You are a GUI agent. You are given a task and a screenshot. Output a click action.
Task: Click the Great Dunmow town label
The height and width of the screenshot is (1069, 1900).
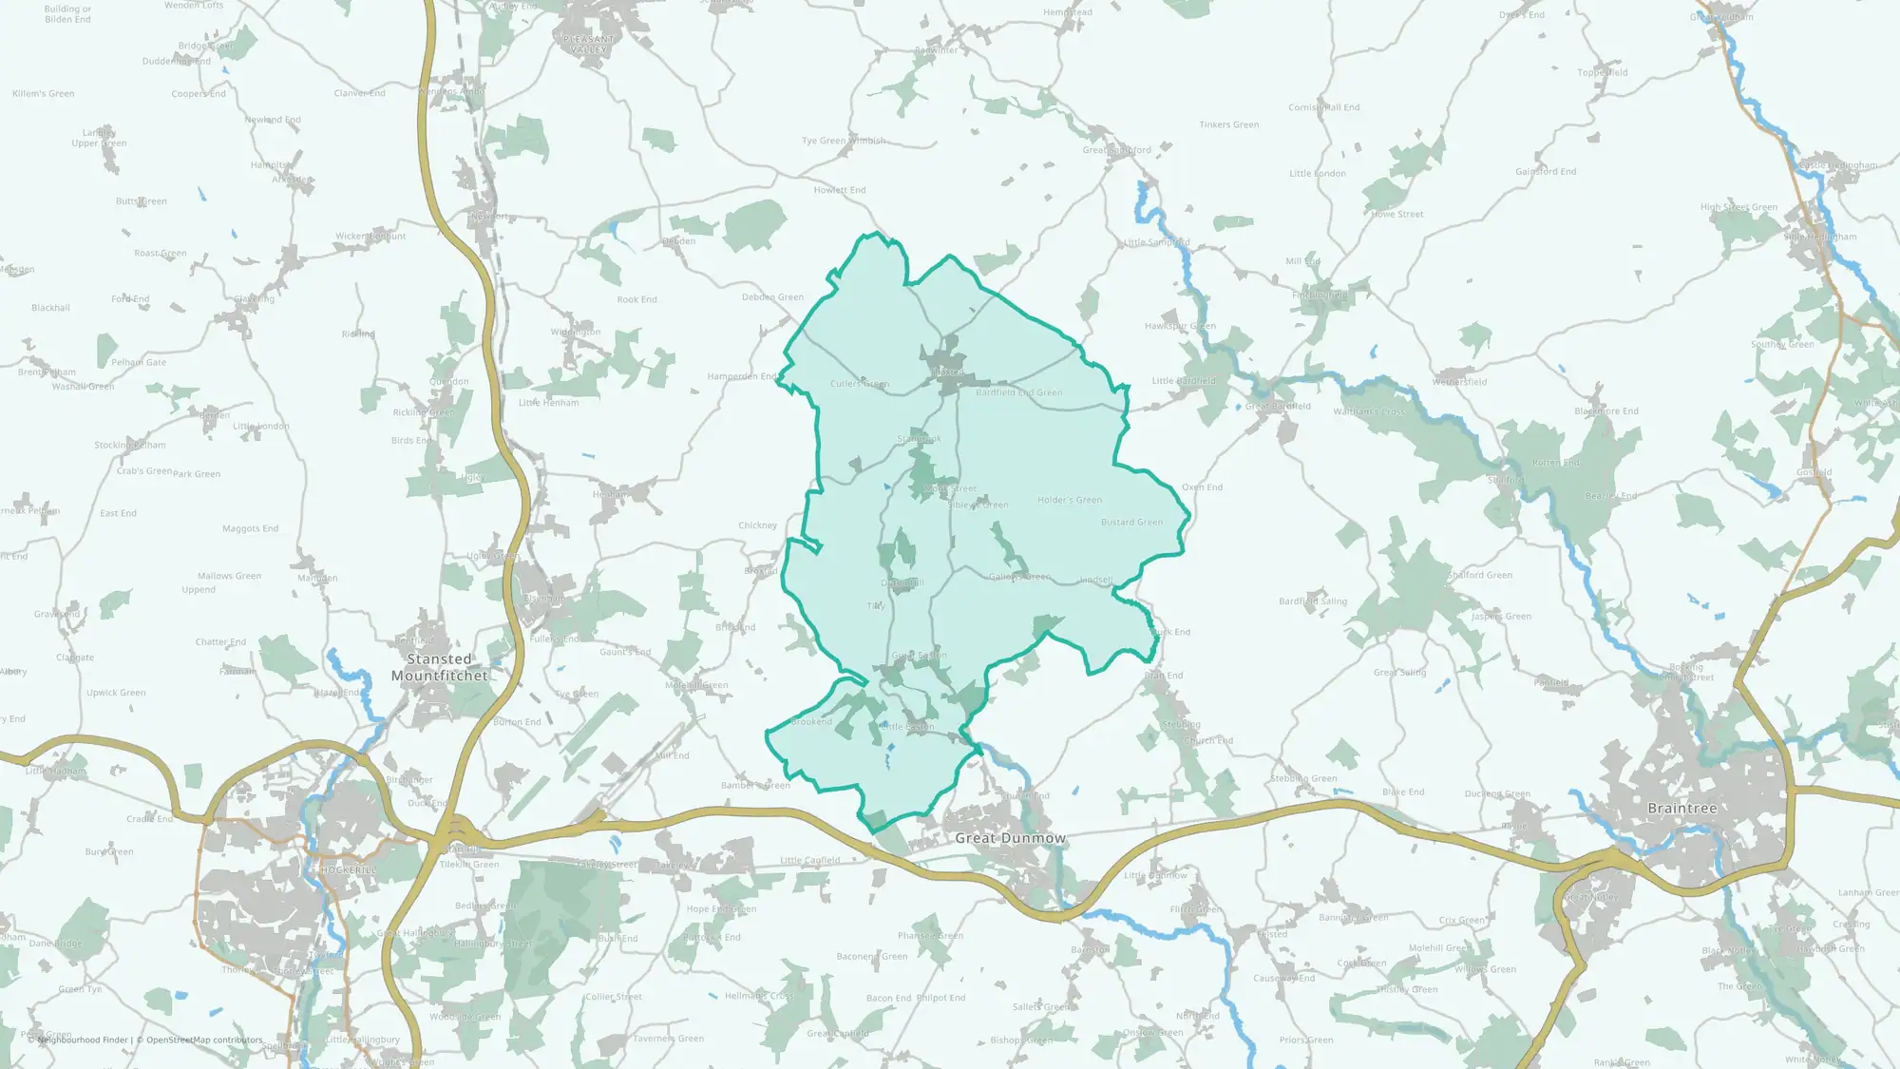pos(1010,838)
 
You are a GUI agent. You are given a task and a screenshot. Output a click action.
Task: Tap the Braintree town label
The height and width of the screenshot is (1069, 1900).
pos(1681,809)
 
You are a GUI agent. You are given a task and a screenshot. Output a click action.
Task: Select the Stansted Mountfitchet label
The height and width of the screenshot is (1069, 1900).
pos(439,667)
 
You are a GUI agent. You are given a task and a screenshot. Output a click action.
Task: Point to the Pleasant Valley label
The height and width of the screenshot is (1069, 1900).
pos(589,45)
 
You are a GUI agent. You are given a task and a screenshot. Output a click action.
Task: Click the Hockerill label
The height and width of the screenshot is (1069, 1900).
pos(349,870)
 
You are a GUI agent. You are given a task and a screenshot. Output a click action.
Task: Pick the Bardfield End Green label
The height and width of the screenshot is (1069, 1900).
pos(1019,392)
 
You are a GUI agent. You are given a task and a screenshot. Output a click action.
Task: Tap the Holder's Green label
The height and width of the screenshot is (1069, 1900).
pos(1070,500)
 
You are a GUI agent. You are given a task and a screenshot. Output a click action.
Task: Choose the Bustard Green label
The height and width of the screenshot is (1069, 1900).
pos(1131,523)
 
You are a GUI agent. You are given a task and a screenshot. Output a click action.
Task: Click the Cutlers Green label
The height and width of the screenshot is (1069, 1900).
pos(860,384)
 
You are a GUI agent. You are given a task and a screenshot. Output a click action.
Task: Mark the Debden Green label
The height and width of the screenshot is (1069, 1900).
pos(772,297)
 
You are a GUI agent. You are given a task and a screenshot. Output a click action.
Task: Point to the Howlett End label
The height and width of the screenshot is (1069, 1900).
pos(840,190)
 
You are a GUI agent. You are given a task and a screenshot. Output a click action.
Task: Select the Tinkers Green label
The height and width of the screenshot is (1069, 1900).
pos(1228,124)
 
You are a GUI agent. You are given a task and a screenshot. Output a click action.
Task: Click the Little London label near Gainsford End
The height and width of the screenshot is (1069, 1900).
pos(1317,174)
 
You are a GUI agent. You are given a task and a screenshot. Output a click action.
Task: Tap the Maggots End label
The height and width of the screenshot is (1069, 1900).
pos(250,529)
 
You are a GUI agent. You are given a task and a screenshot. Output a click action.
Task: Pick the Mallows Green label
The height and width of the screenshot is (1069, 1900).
pos(229,576)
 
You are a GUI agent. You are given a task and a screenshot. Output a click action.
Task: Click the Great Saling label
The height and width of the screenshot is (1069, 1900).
pos(1399,673)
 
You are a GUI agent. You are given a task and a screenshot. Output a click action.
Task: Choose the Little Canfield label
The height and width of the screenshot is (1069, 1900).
pos(809,861)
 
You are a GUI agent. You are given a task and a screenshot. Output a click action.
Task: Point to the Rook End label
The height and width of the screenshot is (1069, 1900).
pos(636,299)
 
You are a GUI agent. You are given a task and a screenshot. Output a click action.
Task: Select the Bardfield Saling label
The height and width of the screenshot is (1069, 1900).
pos(1313,601)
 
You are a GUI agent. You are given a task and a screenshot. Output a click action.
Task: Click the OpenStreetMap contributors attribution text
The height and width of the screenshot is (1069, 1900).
pos(204,1040)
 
